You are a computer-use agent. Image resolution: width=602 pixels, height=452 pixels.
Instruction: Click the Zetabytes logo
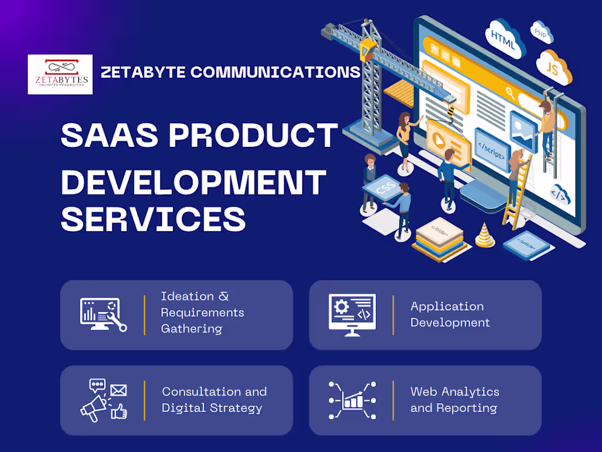click(x=60, y=75)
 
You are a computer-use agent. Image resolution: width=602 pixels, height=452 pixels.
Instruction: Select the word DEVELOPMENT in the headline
click(x=193, y=182)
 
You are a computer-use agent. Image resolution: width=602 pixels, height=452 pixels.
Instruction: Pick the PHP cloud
click(x=540, y=33)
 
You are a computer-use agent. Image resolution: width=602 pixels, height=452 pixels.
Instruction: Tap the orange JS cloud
click(x=553, y=67)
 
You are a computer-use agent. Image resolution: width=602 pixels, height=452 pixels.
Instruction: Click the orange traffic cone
click(x=484, y=235)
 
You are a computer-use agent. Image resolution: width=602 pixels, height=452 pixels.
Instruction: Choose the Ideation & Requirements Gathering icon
click(x=103, y=314)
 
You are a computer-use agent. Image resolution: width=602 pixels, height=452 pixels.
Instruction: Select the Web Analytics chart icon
click(x=352, y=400)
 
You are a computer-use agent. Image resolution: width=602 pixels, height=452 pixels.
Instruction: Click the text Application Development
click(x=450, y=314)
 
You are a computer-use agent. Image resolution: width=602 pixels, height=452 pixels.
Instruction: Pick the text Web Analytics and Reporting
click(x=454, y=400)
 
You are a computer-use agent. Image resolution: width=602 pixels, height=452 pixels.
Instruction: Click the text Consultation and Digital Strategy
click(x=214, y=400)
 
